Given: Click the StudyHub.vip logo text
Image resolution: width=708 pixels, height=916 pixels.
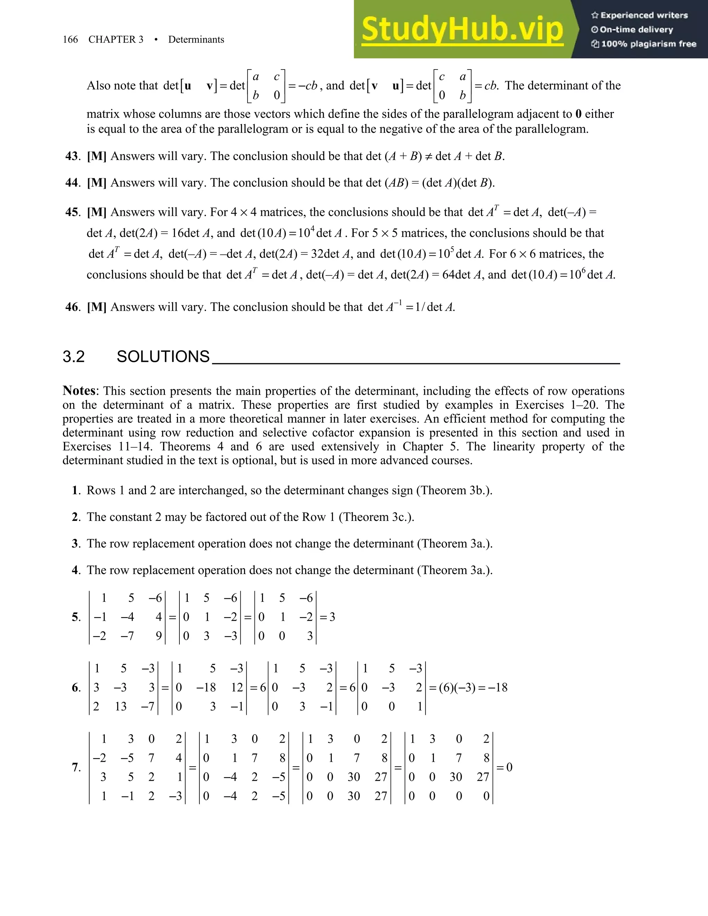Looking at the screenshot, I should [x=462, y=29].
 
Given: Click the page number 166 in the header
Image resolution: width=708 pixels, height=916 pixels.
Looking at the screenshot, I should [x=70, y=39].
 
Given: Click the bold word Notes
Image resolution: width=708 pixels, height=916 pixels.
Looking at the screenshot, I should [x=79, y=391].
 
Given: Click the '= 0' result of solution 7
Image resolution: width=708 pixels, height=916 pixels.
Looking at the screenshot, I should [x=505, y=767].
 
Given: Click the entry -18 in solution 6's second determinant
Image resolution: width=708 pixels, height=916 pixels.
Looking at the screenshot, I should [x=206, y=688].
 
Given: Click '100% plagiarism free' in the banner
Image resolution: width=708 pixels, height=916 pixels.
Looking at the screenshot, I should [x=649, y=44].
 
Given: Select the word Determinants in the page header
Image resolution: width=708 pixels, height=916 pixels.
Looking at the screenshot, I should [x=196, y=39].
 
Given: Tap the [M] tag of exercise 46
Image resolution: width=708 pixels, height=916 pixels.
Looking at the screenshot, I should [x=96, y=307].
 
